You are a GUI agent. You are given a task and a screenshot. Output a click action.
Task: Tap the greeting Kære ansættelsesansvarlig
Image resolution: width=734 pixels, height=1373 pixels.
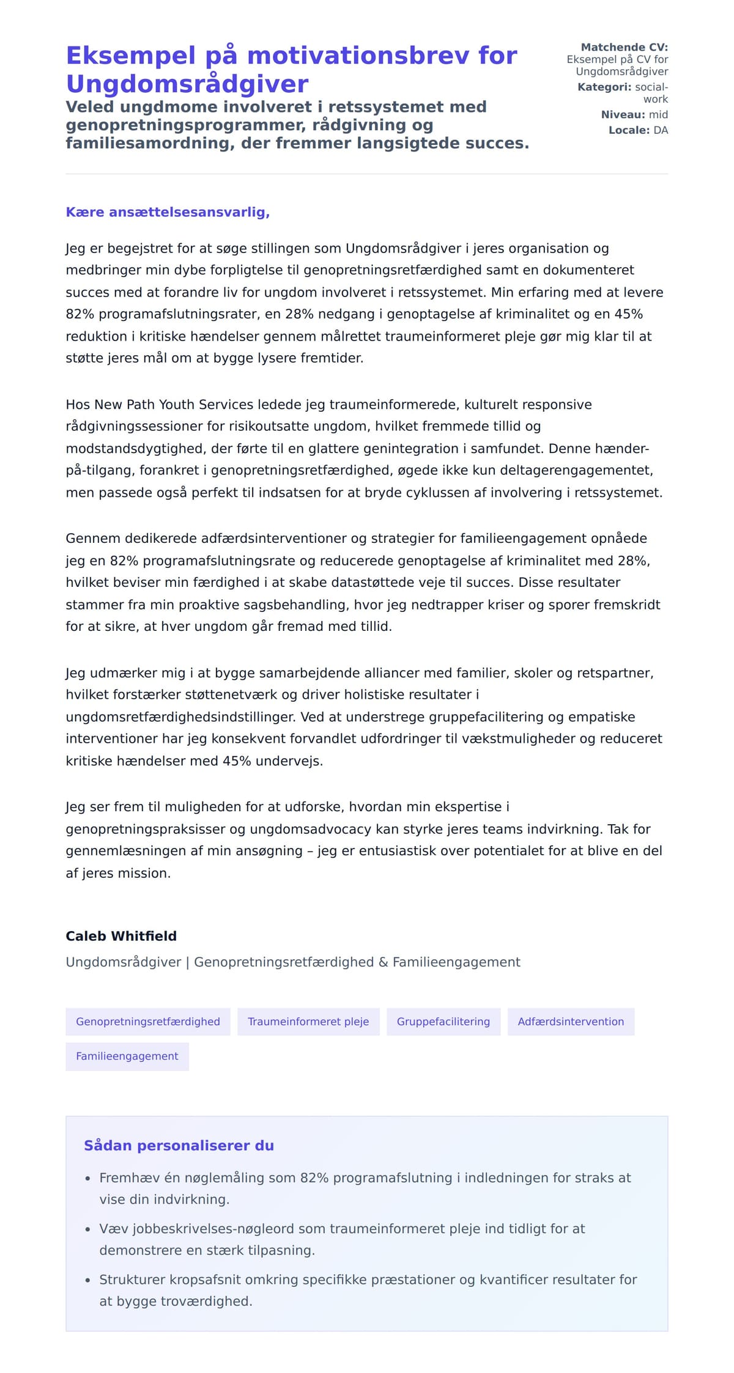pos(168,212)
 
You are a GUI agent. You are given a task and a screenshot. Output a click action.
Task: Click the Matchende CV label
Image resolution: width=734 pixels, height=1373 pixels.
pos(624,47)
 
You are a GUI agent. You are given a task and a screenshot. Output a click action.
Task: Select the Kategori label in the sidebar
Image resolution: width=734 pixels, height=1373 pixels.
pos(604,87)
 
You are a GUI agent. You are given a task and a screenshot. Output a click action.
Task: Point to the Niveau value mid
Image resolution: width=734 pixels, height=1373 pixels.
pos(658,114)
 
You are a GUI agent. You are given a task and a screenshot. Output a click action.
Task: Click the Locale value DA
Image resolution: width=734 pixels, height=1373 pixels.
pos(661,130)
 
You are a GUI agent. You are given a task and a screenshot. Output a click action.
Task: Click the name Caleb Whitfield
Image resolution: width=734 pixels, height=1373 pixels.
pos(121,936)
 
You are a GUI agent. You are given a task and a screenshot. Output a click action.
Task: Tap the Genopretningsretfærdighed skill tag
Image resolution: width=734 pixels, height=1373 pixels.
pos(148,1021)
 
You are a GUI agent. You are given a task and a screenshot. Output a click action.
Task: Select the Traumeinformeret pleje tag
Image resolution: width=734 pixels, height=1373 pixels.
pos(308,1021)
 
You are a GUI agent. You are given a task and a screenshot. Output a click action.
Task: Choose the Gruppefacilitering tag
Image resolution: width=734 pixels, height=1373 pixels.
pos(443,1021)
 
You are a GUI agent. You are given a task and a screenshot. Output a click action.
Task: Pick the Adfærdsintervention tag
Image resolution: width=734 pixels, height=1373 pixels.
pos(571,1021)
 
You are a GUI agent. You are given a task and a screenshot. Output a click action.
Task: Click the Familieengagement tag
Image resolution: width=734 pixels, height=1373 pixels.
pos(127,1056)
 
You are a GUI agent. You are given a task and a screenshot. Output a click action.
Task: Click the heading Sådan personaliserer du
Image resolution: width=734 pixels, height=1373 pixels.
pos(179,1146)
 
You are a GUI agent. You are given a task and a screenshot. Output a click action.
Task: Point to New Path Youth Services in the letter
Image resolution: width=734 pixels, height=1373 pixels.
pos(174,405)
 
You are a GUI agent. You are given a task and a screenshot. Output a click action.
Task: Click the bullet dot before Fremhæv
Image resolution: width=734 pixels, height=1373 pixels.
pos(87,1179)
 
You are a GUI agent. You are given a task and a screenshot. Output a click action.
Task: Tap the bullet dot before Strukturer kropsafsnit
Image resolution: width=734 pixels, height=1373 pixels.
pos(87,1281)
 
